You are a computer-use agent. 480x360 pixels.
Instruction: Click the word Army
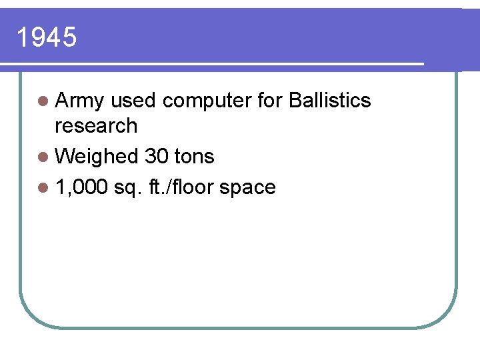(80, 101)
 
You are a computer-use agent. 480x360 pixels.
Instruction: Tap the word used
(133, 101)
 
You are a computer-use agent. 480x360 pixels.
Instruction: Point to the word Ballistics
(331, 101)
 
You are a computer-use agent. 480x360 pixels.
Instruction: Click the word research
(96, 125)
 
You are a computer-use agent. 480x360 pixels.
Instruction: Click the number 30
(156, 157)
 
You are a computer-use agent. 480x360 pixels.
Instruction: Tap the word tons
(193, 157)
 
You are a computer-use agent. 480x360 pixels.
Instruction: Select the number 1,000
(82, 188)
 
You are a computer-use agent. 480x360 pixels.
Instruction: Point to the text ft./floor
(177, 187)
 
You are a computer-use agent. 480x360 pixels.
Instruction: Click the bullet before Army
(43, 101)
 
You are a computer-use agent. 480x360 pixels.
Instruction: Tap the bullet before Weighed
(43, 157)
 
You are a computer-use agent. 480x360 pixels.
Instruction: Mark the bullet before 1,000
(43, 188)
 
